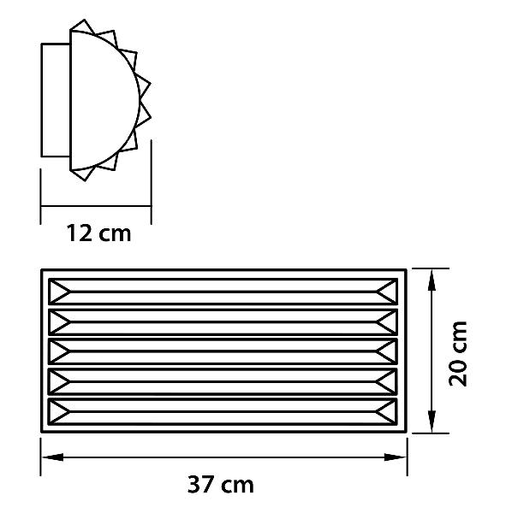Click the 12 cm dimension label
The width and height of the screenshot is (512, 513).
98,233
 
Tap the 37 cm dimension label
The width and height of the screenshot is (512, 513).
220,484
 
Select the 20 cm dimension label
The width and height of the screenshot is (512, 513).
457,354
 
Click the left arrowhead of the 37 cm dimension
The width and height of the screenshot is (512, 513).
52,457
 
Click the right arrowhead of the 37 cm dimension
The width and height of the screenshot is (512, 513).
396,457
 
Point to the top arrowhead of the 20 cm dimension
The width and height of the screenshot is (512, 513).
432,281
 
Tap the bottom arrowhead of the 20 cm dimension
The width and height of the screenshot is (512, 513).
432,421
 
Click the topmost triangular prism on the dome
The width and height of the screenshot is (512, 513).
82,27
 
